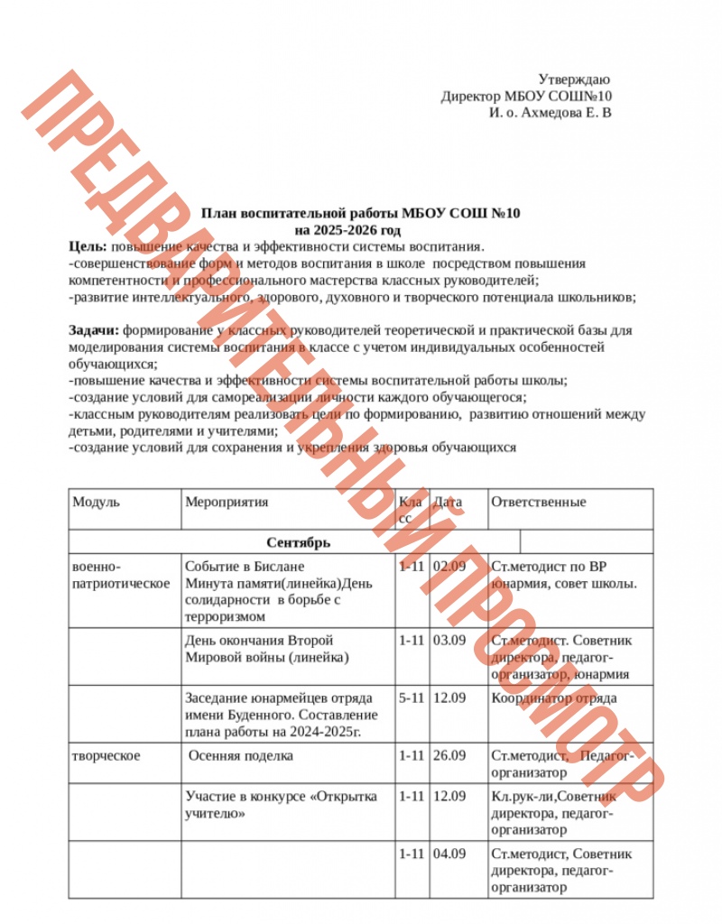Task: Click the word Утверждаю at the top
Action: [x=575, y=80]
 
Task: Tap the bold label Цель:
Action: [x=88, y=247]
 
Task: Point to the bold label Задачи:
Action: [x=95, y=330]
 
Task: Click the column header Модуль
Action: [x=97, y=503]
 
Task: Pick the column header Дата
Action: [x=448, y=503]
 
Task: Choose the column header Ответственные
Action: [x=539, y=503]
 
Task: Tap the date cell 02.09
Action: [x=449, y=568]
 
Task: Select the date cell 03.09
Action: [x=449, y=641]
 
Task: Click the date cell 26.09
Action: [x=449, y=755]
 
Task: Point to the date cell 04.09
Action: [x=449, y=854]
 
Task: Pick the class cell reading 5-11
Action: [x=411, y=698]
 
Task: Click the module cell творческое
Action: [x=106, y=755]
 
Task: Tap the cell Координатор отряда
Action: [x=554, y=698]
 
